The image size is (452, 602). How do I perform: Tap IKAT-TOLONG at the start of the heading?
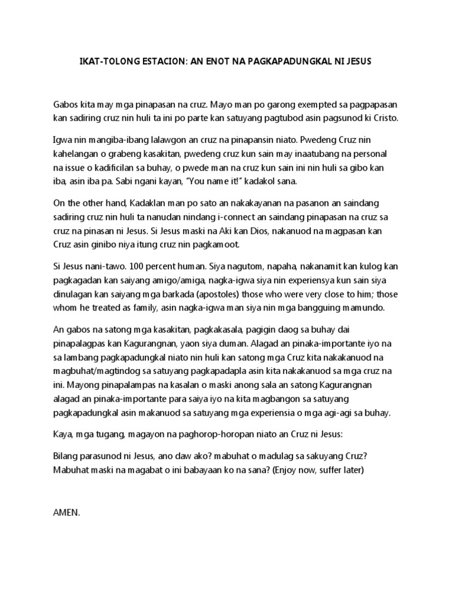click(107, 61)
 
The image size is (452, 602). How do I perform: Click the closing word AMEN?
click(65, 513)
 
